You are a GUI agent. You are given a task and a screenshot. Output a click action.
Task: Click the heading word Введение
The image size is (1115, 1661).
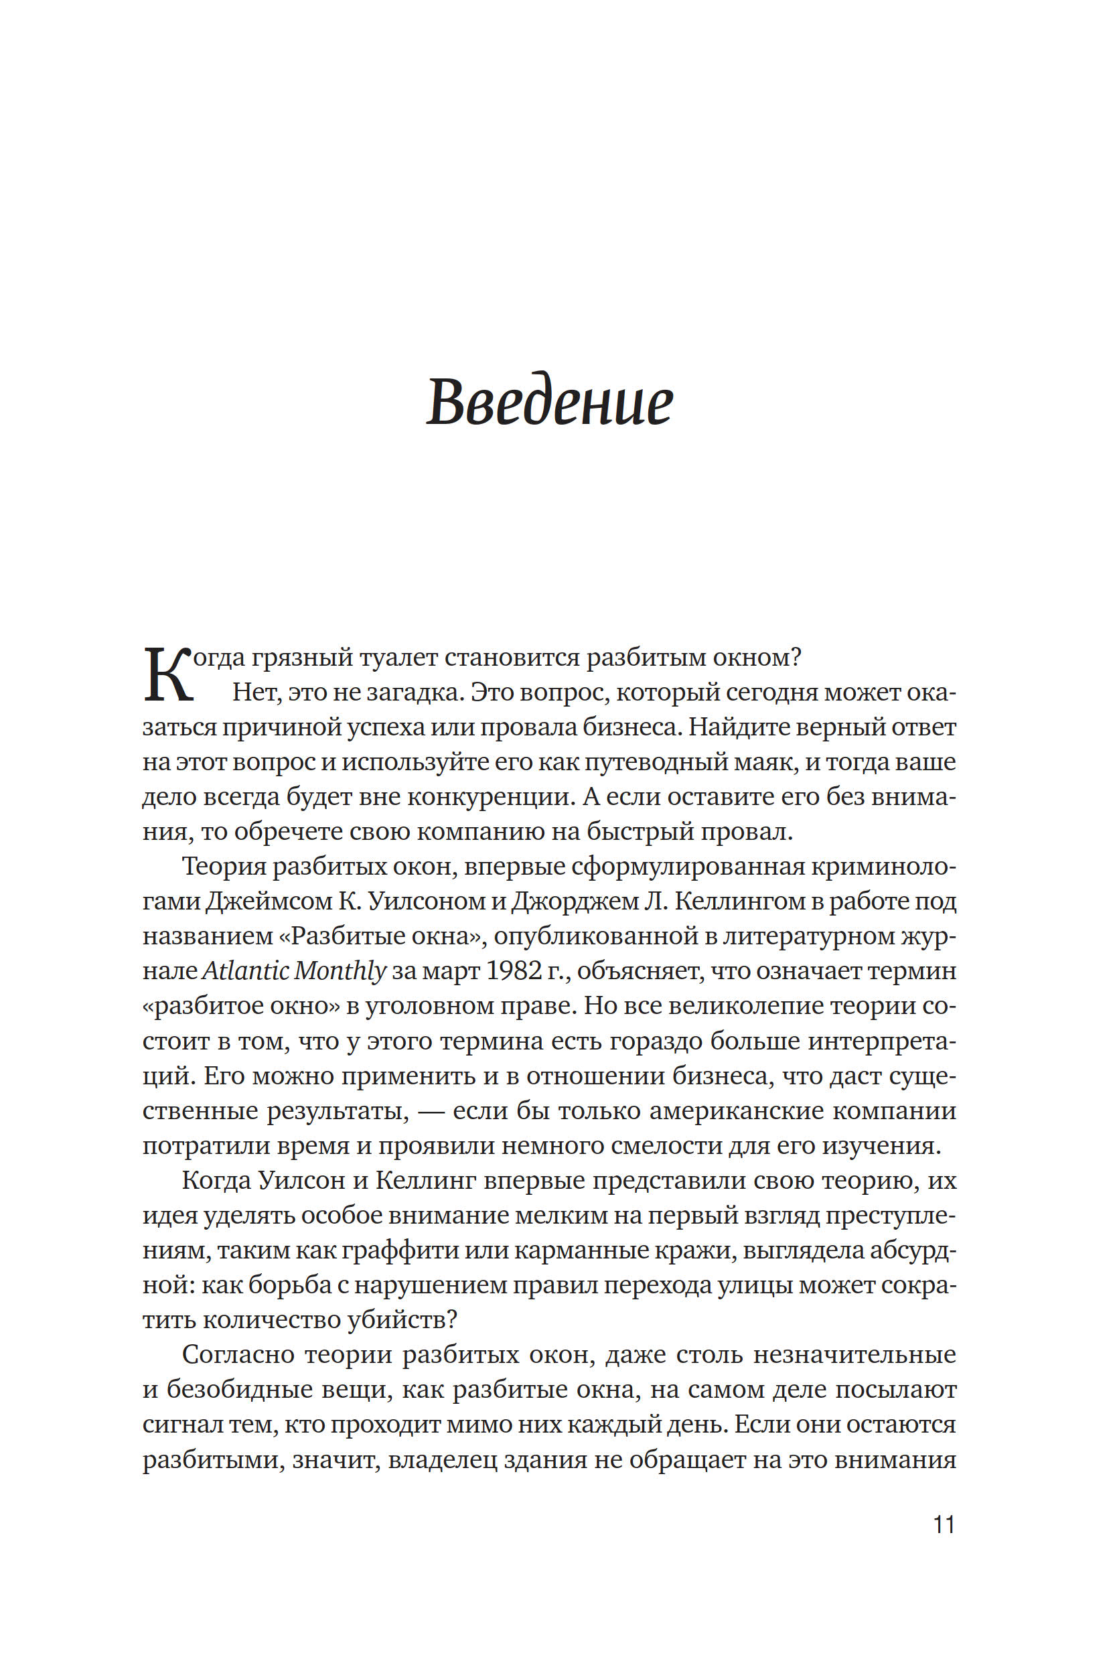coord(549,402)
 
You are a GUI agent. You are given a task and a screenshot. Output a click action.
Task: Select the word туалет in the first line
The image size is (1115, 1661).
coord(398,657)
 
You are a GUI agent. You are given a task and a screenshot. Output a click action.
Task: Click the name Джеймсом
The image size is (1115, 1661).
coord(269,901)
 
